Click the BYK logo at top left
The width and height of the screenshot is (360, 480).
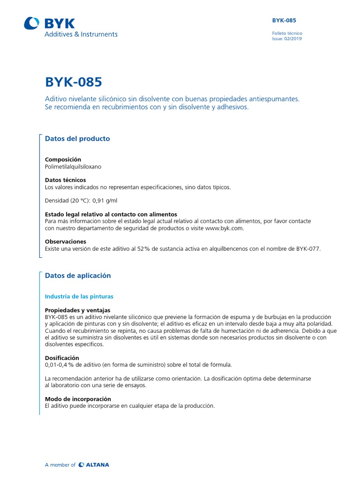pyautogui.click(x=49, y=23)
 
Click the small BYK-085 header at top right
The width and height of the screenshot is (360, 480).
pyautogui.click(x=284, y=20)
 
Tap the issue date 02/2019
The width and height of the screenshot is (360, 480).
pyautogui.click(x=293, y=39)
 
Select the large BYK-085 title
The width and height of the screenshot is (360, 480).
pyautogui.click(x=73, y=82)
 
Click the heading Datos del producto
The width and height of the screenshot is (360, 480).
pyautogui.click(x=77, y=139)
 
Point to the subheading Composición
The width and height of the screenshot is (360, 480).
pyautogui.click(x=63, y=159)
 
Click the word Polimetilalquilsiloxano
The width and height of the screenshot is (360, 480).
pyautogui.click(x=73, y=166)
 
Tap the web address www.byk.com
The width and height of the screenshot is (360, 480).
pyautogui.click(x=225, y=228)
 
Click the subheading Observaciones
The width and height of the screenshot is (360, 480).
pyautogui.click(x=66, y=242)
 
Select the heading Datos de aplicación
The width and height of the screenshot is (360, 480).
pyautogui.click(x=78, y=276)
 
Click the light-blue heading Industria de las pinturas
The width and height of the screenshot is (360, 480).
pyautogui.click(x=79, y=297)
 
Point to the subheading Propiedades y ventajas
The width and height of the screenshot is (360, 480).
pyautogui.click(x=77, y=310)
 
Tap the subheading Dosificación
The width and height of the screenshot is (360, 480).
pyautogui.click(x=62, y=358)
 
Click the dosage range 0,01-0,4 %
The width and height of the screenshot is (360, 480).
pyautogui.click(x=64, y=365)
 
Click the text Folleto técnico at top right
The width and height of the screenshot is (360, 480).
pyautogui.click(x=287, y=33)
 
